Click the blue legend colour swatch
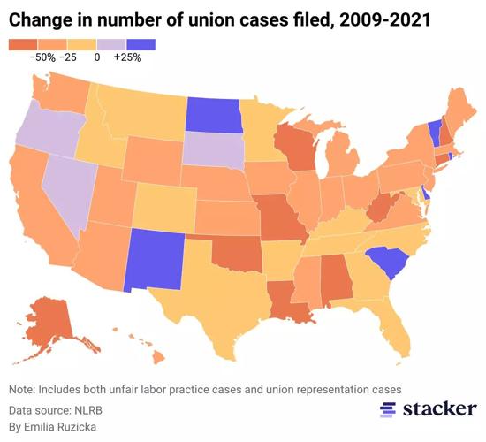[141, 43]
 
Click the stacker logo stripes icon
[388, 409]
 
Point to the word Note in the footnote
[24, 390]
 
